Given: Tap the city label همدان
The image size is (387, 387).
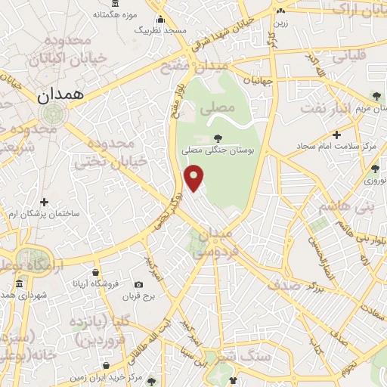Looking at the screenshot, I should (63, 95).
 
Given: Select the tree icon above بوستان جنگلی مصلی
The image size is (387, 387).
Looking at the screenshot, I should (218, 138).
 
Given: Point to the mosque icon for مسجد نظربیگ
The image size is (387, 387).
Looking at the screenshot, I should (159, 20).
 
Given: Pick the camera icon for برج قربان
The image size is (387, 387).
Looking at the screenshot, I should (138, 285).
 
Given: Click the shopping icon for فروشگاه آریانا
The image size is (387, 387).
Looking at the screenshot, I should (95, 273).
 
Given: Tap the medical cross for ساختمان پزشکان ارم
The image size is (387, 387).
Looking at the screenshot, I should (44, 202).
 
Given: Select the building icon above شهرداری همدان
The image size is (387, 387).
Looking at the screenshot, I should (17, 283).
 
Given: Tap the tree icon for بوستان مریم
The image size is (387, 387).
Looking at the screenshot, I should (376, 95).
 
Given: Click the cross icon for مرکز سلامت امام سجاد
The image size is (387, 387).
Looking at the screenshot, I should (336, 134).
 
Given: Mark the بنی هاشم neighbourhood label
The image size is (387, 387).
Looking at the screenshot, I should (345, 206).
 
